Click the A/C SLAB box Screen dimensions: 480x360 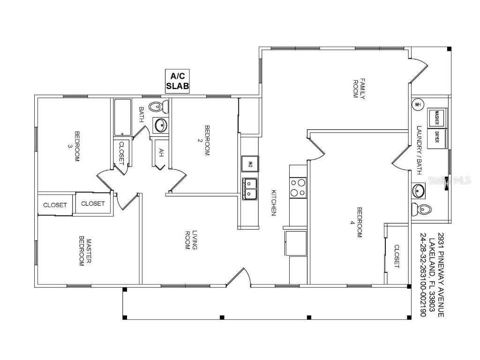coord(177,81)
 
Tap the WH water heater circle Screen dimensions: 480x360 coord(418,105)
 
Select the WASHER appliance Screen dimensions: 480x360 coord(437,117)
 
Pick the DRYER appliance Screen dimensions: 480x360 coord(437,138)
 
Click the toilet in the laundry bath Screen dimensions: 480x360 coord(421,210)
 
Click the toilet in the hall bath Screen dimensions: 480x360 coord(158,106)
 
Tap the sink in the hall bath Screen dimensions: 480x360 coord(160,125)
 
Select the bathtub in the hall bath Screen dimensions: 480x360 coord(123,117)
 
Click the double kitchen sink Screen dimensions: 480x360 coord(250,189)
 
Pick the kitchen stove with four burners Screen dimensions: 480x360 coord(298,187)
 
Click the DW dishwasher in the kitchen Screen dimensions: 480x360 coord(250,164)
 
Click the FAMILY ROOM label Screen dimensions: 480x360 coord(359,89)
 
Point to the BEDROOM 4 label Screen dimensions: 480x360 coord(357,223)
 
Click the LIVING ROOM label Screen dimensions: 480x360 coord(191,240)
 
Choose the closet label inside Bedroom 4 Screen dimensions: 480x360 coord(397,256)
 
